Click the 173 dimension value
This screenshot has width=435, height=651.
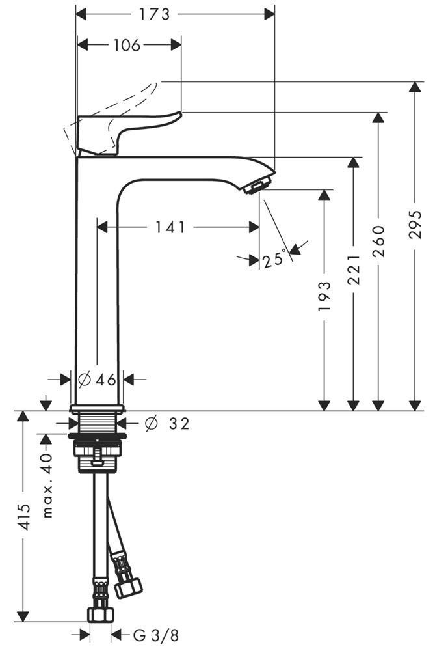(x=154, y=14)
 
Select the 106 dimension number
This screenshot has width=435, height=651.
(x=127, y=46)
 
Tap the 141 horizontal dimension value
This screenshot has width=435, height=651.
(x=170, y=227)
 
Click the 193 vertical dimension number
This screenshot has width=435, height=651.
(x=324, y=296)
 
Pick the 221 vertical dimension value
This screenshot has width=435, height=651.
(x=353, y=270)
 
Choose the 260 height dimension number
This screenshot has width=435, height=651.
(x=378, y=242)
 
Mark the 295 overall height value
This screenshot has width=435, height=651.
(x=415, y=224)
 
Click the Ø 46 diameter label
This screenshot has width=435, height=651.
(x=97, y=379)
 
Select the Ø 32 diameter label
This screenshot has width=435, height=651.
(x=168, y=424)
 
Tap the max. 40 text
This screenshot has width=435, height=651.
(x=48, y=486)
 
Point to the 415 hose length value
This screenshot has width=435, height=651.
(x=25, y=517)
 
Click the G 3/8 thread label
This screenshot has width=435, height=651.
(x=155, y=635)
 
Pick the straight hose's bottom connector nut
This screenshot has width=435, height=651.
(x=100, y=615)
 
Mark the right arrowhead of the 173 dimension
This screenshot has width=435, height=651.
(x=270, y=15)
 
